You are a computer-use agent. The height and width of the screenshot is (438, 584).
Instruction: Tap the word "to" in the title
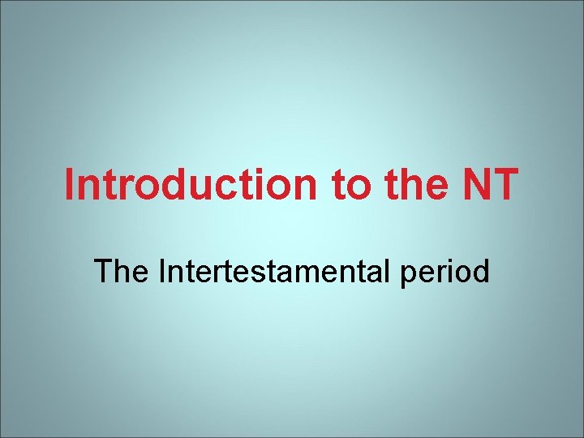pyautogui.click(x=350, y=185)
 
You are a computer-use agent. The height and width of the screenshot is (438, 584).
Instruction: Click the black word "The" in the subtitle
pyautogui.click(x=122, y=271)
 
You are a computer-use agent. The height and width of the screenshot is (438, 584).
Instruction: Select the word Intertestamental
pyautogui.click(x=276, y=271)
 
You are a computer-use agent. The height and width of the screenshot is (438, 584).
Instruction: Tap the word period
pyautogui.click(x=445, y=273)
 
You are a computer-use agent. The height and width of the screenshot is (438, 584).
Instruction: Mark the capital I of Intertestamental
pyautogui.click(x=162, y=271)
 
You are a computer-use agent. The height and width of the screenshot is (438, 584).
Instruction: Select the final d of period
pyautogui.click(x=479, y=271)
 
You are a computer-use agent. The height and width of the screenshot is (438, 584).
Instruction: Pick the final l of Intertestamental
pyautogui.click(x=389, y=271)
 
